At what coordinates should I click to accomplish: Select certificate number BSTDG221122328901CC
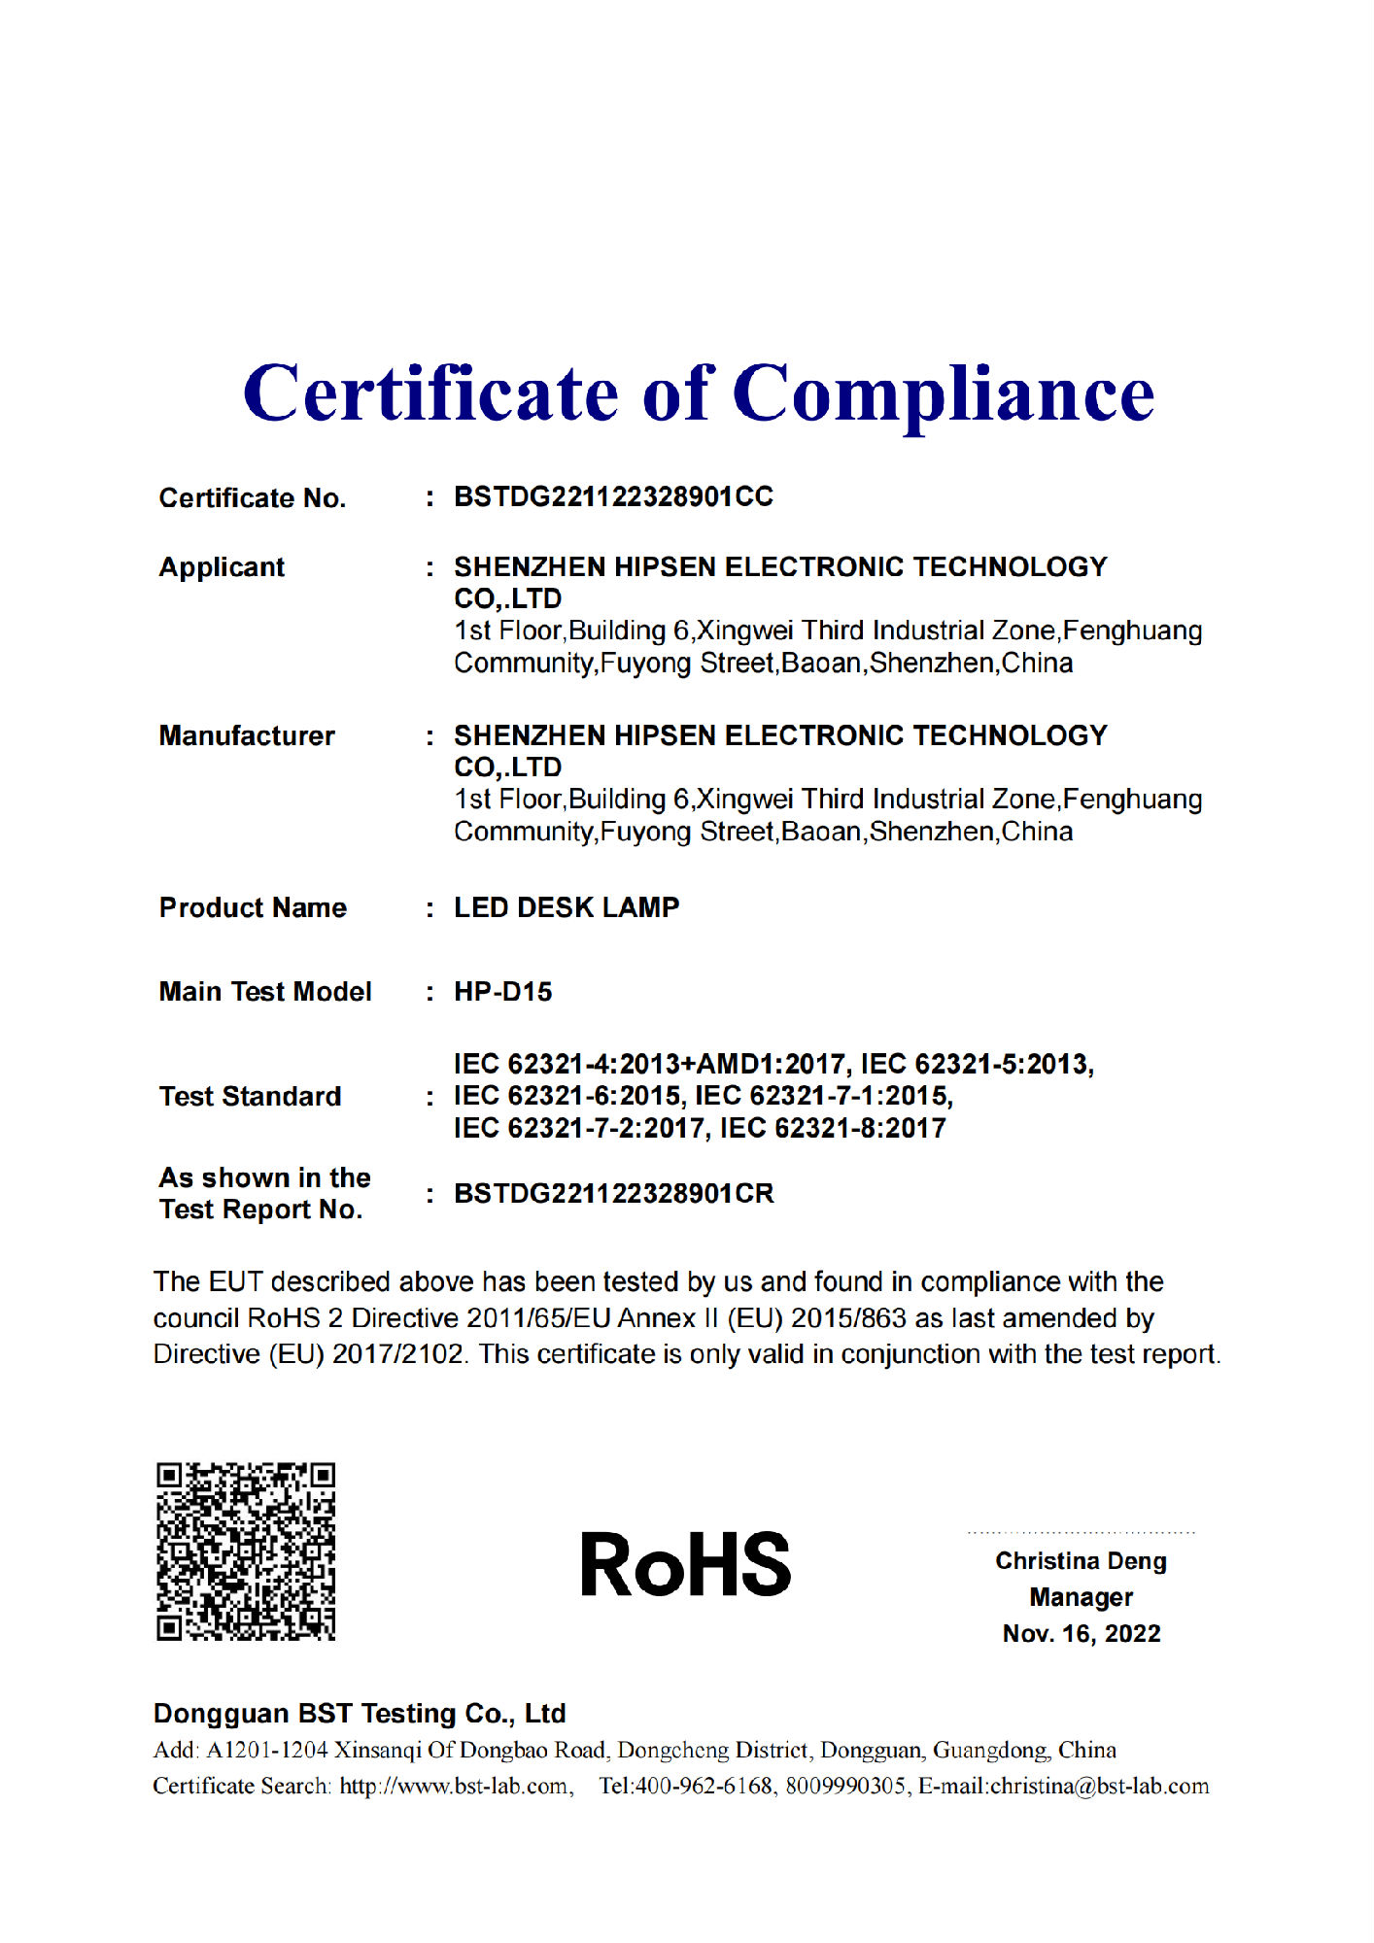[613, 496]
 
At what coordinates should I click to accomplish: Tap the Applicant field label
[222, 566]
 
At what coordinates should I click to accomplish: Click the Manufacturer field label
[247, 735]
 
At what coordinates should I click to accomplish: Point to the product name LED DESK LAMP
[567, 907]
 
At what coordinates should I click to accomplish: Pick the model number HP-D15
[502, 992]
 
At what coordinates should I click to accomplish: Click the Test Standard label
[250, 1096]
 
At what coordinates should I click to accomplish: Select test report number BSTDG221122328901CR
[613, 1193]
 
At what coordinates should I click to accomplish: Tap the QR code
[246, 1551]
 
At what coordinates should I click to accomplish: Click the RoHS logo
[685, 1565]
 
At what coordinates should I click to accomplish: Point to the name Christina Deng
[1081, 1561]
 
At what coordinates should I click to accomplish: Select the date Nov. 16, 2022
[1082, 1633]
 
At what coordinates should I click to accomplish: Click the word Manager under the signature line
[1081, 1597]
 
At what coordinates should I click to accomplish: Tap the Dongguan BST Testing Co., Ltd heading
[360, 1713]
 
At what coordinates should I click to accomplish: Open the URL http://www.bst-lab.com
[454, 1786]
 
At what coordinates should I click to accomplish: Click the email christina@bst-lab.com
[1099, 1786]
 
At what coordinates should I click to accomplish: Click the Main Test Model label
[265, 992]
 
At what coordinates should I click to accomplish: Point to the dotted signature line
[1081, 1533]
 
